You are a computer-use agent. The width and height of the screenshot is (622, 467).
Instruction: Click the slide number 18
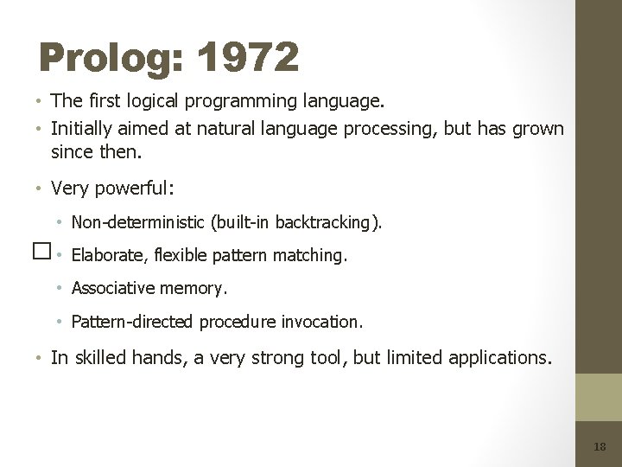[x=600, y=446]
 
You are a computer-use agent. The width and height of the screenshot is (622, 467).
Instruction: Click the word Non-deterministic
[x=138, y=222]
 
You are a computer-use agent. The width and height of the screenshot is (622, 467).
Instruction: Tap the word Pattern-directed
[x=133, y=322]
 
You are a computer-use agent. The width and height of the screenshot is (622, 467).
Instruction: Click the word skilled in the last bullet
[x=100, y=357]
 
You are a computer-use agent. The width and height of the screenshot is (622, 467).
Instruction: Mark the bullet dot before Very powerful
[x=42, y=189]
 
